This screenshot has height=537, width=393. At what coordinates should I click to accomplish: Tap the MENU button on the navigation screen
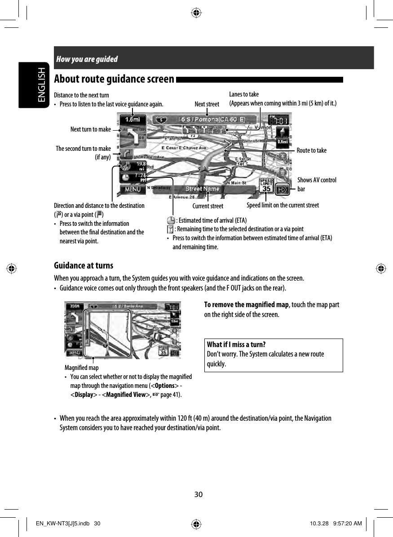132,189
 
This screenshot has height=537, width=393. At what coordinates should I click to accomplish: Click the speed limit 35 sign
266,186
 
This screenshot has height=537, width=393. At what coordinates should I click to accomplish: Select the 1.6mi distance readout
132,120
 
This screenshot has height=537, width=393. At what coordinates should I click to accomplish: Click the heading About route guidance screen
114,79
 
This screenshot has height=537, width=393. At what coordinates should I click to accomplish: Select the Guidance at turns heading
84,265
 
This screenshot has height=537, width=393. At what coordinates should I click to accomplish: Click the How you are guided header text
87,59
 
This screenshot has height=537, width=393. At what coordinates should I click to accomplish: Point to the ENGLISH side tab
41,85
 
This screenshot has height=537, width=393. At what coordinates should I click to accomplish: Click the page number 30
198,494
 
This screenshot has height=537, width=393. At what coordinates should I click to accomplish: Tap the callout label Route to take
312,150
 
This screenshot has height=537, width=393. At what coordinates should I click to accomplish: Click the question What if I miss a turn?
236,345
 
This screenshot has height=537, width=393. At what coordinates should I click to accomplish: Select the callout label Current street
208,207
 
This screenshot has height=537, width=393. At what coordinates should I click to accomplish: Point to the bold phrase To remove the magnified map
246,305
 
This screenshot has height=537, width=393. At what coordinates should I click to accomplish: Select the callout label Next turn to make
90,130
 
